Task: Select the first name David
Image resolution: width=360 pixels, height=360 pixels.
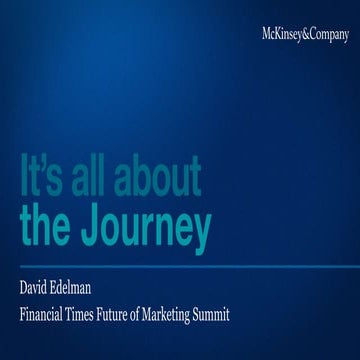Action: coord(38,292)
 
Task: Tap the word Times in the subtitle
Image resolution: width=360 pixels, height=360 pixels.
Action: coord(99,314)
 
